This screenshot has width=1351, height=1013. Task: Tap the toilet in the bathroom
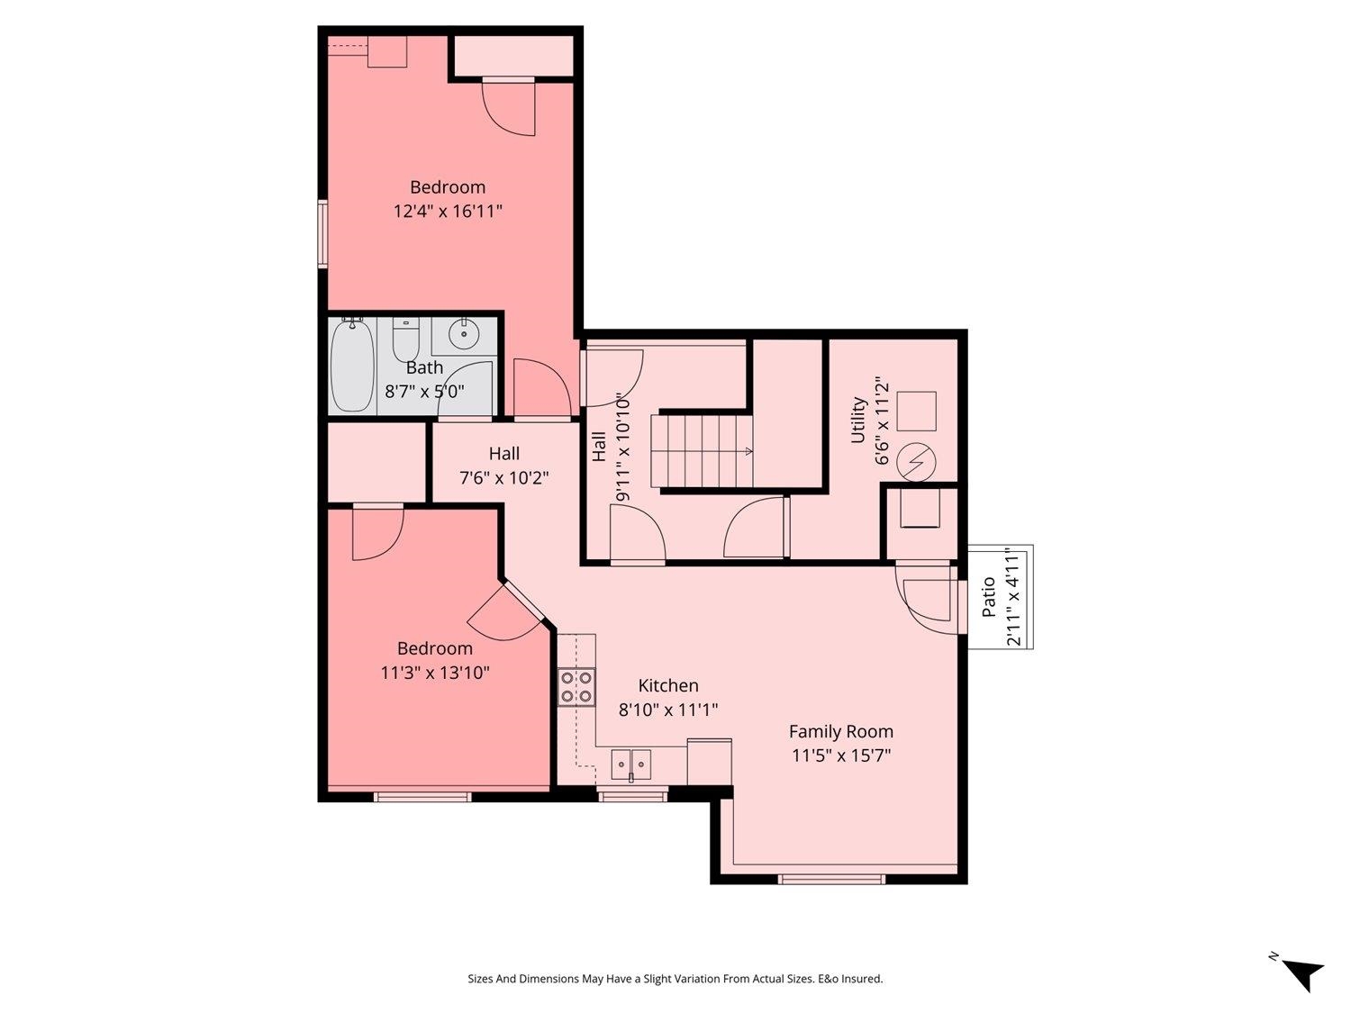[x=405, y=339]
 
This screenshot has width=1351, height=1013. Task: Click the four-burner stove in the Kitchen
[x=576, y=686]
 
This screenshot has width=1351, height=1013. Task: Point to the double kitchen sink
[x=630, y=764]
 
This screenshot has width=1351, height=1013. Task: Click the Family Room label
[x=840, y=731]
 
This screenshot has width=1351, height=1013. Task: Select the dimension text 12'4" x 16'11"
[x=448, y=212]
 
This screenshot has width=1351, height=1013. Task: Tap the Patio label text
[x=988, y=597]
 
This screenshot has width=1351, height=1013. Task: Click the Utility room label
[x=858, y=420]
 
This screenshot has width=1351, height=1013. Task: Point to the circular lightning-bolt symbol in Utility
[x=917, y=463]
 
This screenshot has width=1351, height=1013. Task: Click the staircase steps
[x=703, y=451]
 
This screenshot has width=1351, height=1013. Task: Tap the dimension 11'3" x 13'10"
[x=435, y=673]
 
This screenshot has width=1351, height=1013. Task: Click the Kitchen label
[x=667, y=685]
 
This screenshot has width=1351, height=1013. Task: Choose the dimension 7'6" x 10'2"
[x=504, y=478]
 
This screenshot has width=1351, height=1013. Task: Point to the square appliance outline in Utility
[x=917, y=411]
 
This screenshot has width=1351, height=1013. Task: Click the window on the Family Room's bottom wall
[x=831, y=880]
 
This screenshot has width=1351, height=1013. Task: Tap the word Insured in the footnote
[x=863, y=978]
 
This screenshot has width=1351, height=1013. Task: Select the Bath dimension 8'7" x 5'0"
[x=425, y=391]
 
